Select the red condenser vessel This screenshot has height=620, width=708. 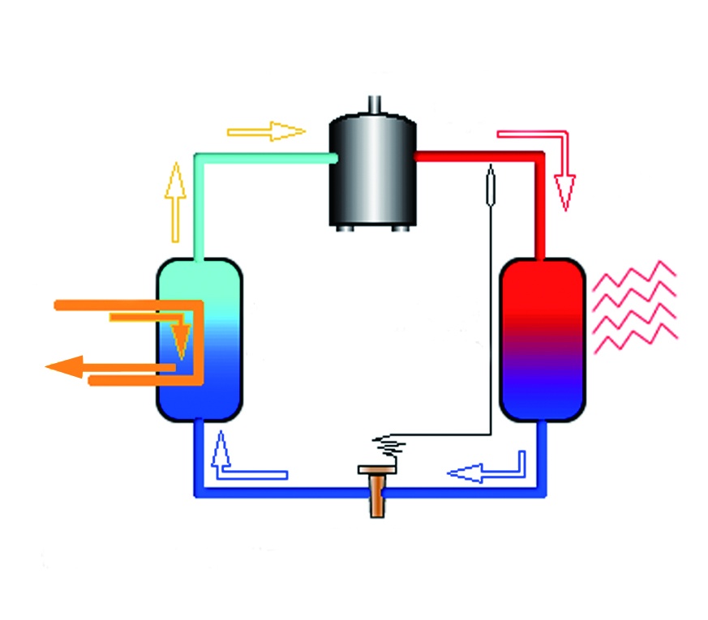click(x=542, y=339)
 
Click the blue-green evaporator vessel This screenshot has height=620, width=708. click(x=200, y=339)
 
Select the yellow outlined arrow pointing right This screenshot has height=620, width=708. click(x=268, y=130)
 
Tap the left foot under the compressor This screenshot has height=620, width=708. click(x=345, y=229)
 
